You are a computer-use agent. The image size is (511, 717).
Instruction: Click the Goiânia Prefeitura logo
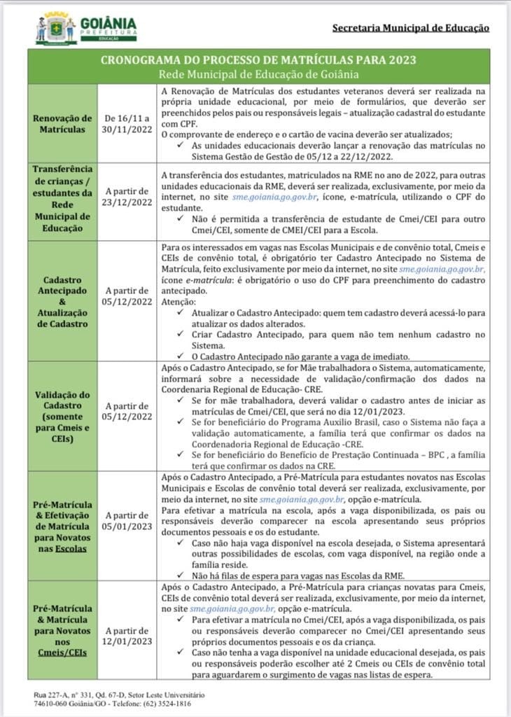(x=86, y=28)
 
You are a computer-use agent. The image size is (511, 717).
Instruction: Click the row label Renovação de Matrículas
(x=62, y=123)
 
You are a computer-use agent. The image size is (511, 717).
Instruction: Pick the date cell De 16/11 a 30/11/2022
(x=127, y=123)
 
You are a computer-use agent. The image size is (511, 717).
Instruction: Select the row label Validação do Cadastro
(x=62, y=415)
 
